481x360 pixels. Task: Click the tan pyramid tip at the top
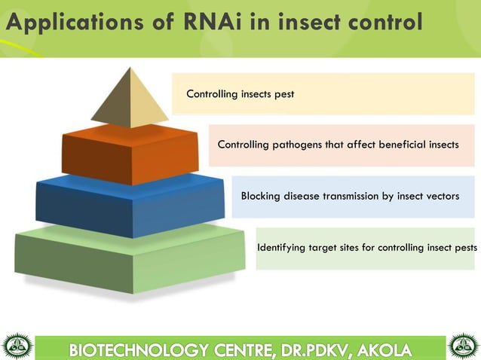[x=130, y=99]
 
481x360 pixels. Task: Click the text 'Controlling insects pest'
[x=240, y=94]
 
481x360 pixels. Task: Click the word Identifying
[x=283, y=247]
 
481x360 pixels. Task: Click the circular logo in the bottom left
[x=17, y=346]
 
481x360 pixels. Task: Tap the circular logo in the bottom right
[x=464, y=346]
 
